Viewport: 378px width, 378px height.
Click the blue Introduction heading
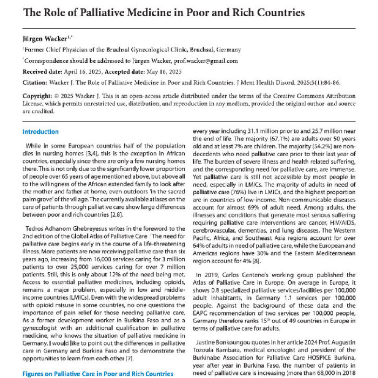click(x=40, y=132)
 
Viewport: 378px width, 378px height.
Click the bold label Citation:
click(x=37, y=83)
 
